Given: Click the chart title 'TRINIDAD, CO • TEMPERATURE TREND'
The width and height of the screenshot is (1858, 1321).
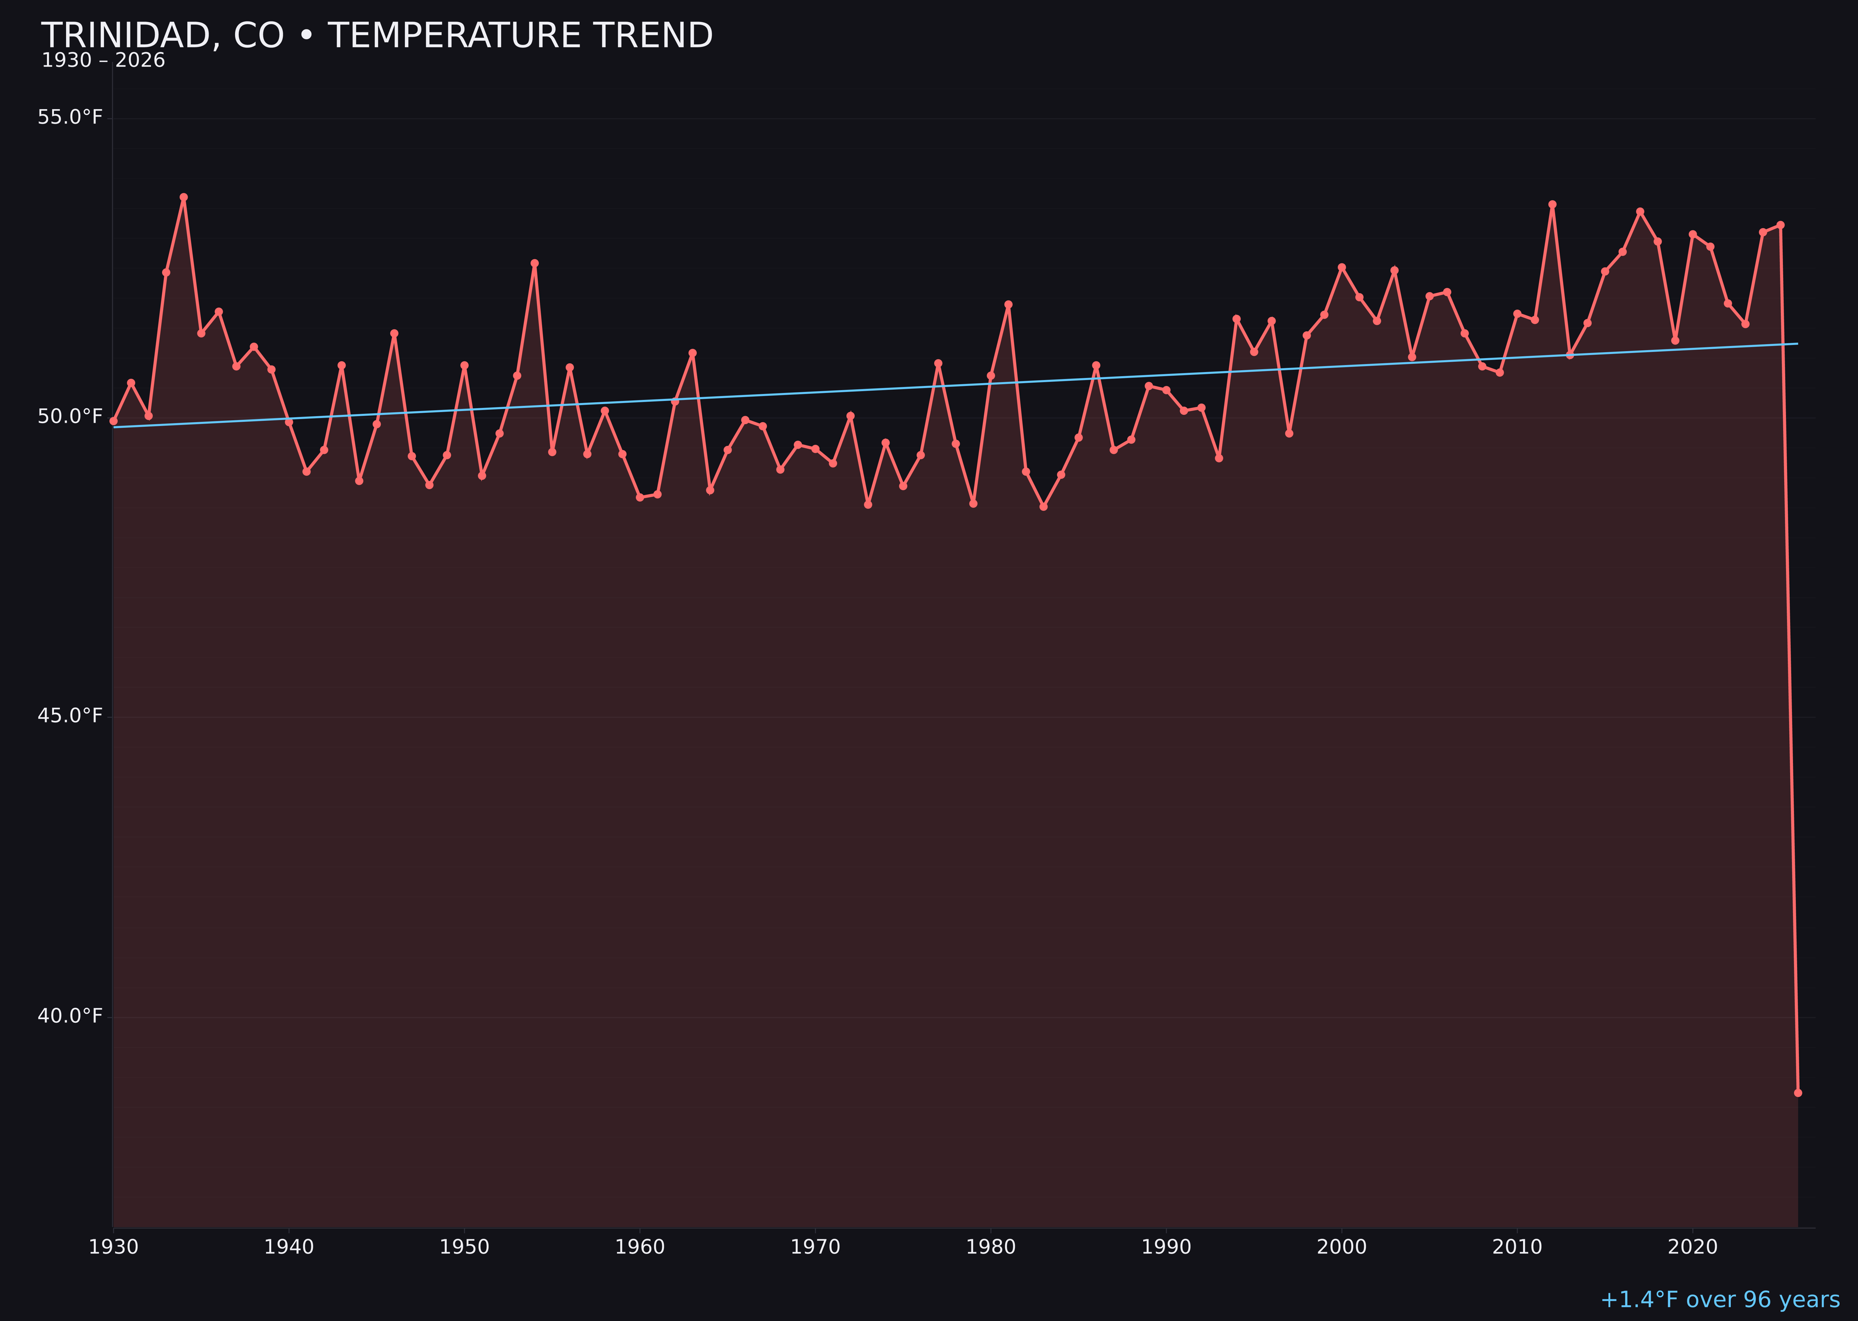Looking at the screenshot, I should click(377, 36).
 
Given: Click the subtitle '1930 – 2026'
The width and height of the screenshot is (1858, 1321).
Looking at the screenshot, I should click(103, 61).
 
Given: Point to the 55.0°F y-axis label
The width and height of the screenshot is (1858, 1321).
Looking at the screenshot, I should click(70, 117).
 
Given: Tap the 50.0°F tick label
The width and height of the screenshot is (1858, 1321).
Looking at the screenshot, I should click(70, 417).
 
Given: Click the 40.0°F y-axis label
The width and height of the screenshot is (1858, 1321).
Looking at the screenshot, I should click(70, 1016).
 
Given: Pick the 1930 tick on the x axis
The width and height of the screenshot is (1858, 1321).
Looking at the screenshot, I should click(113, 1247).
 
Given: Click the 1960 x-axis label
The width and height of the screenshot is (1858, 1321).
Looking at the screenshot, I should click(640, 1247).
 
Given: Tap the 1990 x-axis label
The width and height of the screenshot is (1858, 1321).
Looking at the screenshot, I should click(1166, 1247).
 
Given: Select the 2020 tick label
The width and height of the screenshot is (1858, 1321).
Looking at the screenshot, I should click(1692, 1247).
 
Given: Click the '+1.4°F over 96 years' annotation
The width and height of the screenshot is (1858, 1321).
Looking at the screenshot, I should click(1719, 1300).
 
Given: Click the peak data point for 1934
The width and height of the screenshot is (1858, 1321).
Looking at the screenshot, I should click(184, 197).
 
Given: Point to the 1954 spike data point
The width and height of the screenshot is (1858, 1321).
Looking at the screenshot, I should click(535, 263).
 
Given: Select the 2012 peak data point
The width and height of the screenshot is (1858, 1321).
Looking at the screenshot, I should click(1552, 204).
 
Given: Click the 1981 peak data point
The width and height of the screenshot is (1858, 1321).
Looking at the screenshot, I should click(1008, 304).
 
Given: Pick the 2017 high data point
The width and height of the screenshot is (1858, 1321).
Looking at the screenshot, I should click(1640, 211).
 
